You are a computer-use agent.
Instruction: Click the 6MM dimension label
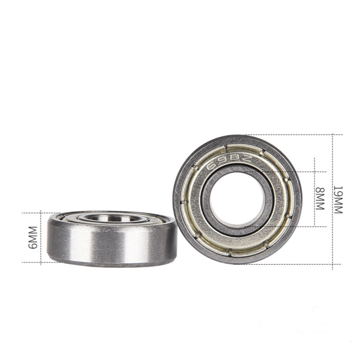[x=33, y=238]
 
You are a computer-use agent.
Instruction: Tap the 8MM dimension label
[x=320, y=199]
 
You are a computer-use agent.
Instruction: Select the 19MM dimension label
[x=338, y=200]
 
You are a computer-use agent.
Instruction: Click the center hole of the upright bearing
[x=237, y=199]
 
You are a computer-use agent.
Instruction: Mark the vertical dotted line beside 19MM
[x=333, y=202]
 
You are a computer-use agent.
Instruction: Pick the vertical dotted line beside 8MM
[x=315, y=193]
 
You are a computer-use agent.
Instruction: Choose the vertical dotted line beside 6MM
[x=41, y=238]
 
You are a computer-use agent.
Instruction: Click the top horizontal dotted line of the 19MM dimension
[x=293, y=134]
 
